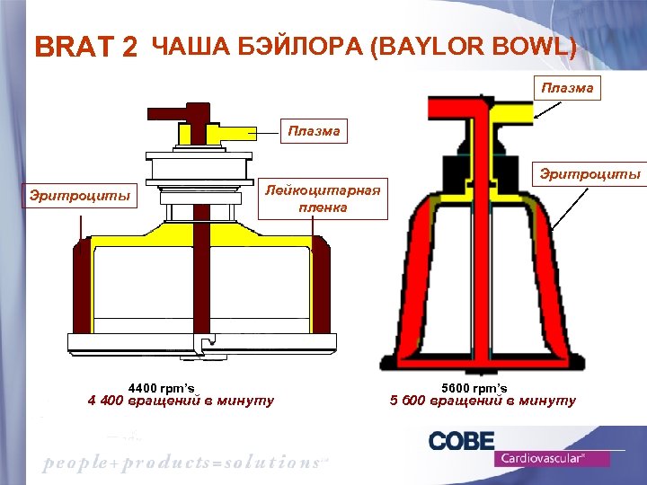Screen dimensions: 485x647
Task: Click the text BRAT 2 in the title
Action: (x=85, y=48)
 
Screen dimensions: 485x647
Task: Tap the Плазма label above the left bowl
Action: (x=315, y=131)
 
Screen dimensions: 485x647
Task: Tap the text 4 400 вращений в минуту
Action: (x=181, y=401)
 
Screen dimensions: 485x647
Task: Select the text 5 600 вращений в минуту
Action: (x=483, y=401)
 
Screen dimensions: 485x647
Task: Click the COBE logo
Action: (x=461, y=441)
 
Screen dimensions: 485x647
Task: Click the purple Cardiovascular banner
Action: (x=551, y=458)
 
